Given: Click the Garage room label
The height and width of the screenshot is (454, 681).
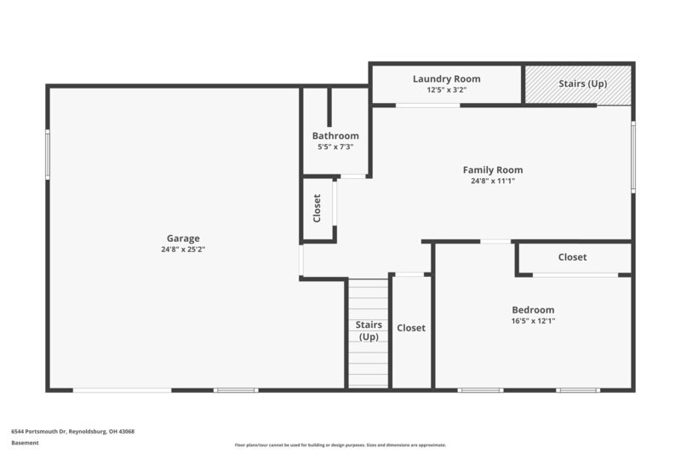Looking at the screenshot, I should click(183, 238).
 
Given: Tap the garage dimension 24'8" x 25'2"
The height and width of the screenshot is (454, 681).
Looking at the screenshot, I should click(183, 250).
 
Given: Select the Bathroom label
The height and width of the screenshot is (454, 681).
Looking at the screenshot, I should click(335, 135).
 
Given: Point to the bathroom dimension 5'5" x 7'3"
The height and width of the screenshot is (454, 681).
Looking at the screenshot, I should click(335, 147).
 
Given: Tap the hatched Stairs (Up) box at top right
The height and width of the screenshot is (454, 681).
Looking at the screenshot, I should click(578, 84).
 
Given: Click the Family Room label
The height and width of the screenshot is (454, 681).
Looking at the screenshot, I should click(493, 170).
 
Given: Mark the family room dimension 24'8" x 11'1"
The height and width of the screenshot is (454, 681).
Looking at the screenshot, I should click(493, 181).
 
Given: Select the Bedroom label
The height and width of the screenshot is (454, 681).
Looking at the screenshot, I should click(533, 310).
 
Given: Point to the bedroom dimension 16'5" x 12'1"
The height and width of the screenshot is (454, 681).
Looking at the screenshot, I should click(533, 321).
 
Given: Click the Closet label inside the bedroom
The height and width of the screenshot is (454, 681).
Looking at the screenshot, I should click(572, 257).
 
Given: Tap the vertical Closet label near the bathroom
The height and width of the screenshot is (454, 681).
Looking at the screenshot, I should click(317, 209).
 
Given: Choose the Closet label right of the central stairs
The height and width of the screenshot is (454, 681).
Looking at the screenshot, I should click(411, 328).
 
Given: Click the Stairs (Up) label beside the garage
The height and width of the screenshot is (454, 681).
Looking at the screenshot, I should click(368, 330).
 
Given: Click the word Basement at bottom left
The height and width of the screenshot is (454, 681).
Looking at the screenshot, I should click(25, 443).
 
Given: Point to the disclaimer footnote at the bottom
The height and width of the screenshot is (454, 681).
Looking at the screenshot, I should click(340, 445).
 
